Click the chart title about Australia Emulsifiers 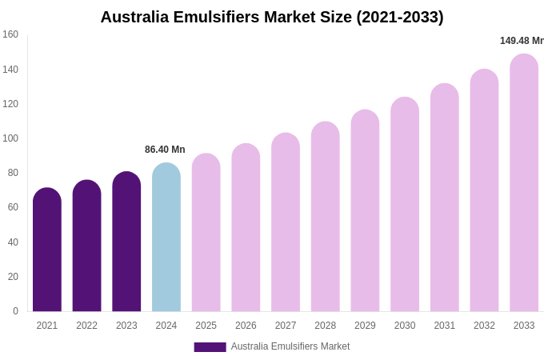point(272,17)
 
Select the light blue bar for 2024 point(166,238)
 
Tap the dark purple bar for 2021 point(47,250)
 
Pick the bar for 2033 point(524,183)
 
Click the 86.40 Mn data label point(165,150)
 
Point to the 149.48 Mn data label point(522,41)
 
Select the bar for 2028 point(326,217)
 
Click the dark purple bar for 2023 point(126,242)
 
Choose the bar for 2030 point(405,205)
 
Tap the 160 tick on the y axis point(10,34)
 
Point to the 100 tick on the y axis point(10,138)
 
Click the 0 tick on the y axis point(15,311)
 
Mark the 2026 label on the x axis point(246,326)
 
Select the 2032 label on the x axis point(484,326)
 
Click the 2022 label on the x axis point(86,326)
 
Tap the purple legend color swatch point(210,347)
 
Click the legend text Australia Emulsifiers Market point(290,346)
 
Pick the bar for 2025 point(206,233)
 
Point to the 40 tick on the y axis point(13,242)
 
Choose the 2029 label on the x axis point(365,326)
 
